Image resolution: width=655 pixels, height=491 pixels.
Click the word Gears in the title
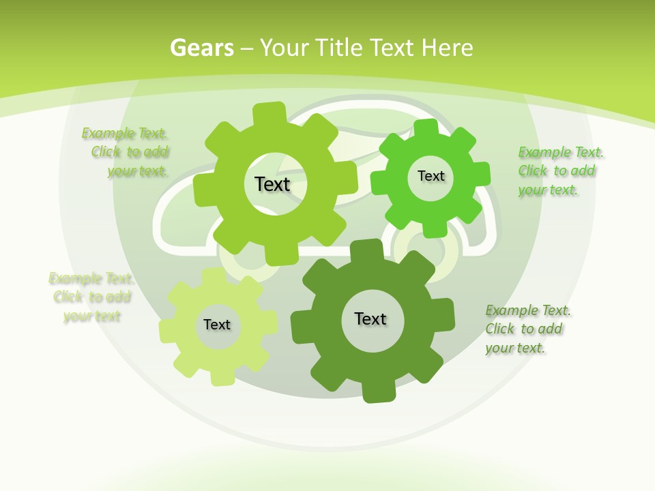point(202,48)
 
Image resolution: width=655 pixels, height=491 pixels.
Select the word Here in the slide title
point(447,48)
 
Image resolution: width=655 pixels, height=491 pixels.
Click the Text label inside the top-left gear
point(272,184)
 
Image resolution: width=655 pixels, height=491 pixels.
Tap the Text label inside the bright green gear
point(431,176)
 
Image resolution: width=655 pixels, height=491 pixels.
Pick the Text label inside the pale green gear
point(217,325)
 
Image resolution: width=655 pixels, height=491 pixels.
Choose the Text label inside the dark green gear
point(370,318)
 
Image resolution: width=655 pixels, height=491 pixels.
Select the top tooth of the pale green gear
point(214,276)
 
